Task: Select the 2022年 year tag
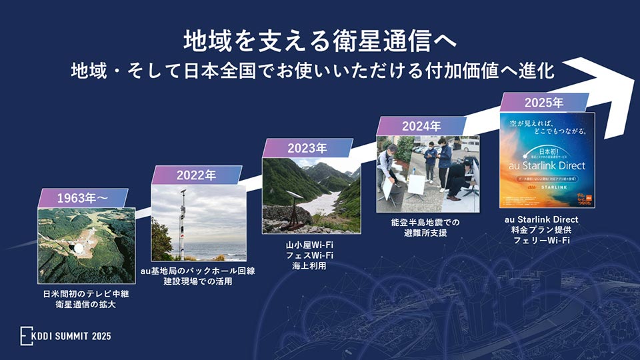[196, 175]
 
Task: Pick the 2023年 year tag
[307, 148]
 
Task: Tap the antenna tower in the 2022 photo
[181, 220]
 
